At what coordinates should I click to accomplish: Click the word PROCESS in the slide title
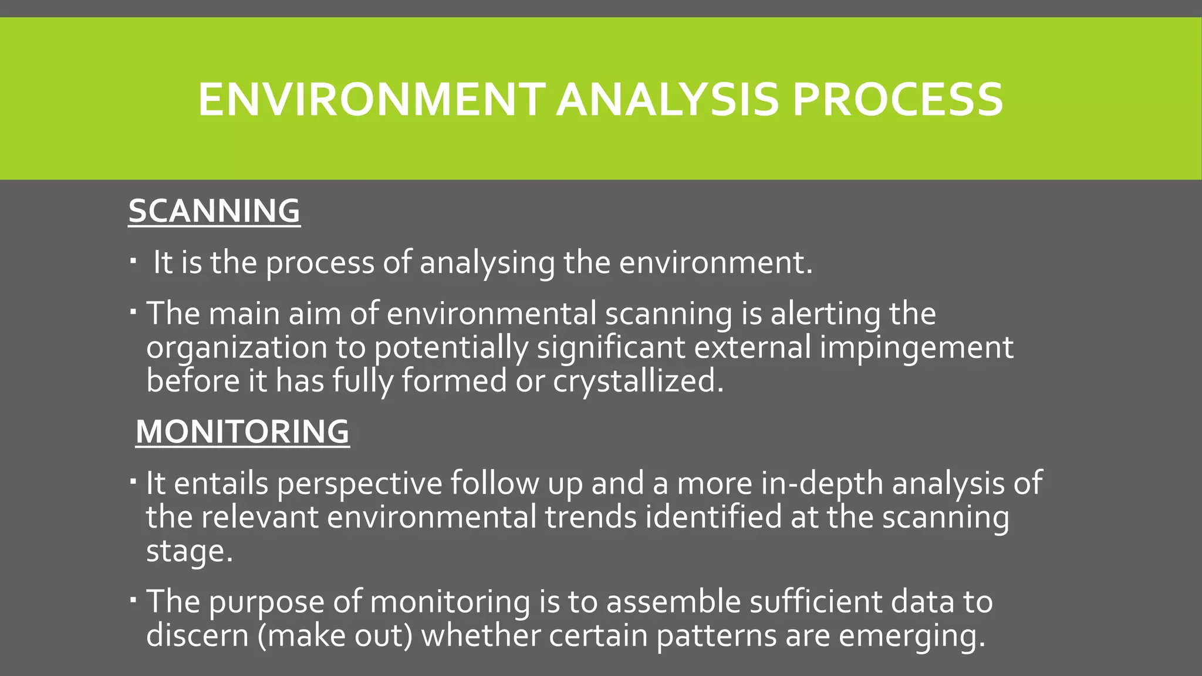897,99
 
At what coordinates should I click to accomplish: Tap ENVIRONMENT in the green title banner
372,99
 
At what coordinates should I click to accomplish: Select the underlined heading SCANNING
214,211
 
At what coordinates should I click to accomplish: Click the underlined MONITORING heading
242,431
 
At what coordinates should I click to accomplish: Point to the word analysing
487,262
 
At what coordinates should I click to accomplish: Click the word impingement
916,347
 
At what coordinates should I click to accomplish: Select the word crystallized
638,381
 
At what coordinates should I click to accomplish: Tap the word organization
237,347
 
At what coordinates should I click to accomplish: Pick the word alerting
825,313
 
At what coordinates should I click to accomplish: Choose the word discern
197,636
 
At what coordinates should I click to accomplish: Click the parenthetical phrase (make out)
336,636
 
